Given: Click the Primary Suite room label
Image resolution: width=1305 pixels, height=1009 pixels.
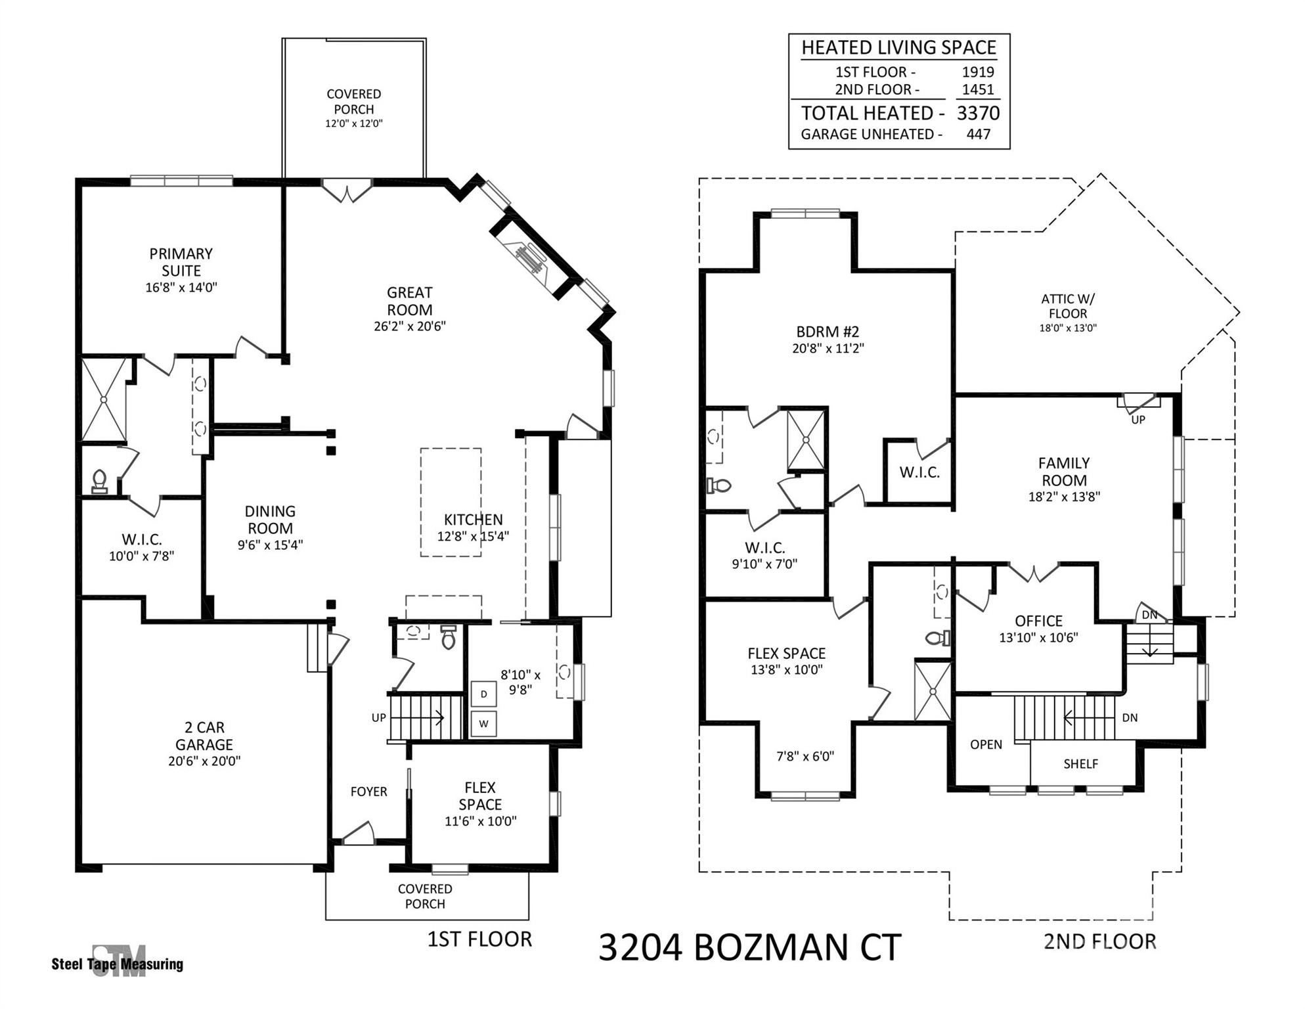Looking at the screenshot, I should click(181, 262).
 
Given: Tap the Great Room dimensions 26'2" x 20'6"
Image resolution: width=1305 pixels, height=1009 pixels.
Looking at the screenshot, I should click(410, 326).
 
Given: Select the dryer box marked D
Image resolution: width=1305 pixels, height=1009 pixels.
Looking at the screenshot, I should click(483, 694).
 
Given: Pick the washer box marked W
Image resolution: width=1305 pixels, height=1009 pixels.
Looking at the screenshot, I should click(483, 724).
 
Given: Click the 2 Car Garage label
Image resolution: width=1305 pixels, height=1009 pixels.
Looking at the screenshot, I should click(204, 736).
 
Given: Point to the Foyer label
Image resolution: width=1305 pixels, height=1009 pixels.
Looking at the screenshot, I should click(368, 792).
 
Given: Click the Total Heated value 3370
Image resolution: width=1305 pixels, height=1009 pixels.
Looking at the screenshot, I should click(977, 114).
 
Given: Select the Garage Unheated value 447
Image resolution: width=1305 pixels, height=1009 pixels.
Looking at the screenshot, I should click(978, 135).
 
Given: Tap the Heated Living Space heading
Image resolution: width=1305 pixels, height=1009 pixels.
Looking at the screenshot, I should click(898, 48).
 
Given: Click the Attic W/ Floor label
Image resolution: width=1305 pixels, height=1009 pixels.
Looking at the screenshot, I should click(1067, 306).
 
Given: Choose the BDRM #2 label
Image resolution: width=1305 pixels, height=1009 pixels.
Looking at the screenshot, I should click(828, 332).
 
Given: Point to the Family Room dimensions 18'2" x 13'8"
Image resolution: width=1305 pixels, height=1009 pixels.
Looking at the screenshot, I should click(1064, 497).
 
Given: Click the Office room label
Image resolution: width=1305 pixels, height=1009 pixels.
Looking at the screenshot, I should click(1038, 621).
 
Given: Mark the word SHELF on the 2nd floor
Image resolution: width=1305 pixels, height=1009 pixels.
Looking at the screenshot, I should click(1080, 764).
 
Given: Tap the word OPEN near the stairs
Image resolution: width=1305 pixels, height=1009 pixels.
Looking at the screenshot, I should click(986, 745).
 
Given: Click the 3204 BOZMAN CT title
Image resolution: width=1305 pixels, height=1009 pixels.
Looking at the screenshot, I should click(749, 947).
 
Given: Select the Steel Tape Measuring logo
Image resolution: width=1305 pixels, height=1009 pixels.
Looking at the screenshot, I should click(118, 962).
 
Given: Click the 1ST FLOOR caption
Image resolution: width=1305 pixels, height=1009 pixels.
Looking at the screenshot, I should click(479, 939).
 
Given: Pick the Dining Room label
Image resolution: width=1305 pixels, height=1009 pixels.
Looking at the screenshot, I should click(270, 520).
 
